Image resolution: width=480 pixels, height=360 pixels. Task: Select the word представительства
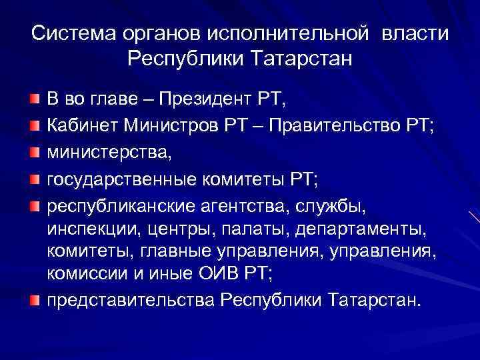tap(131, 300)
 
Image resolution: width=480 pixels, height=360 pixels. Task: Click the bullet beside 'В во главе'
tap(33, 99)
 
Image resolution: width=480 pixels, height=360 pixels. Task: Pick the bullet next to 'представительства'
tap(33, 301)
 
